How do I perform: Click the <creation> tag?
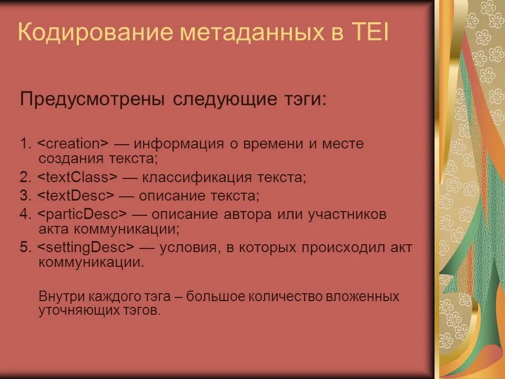click(73, 144)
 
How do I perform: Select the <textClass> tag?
click(77, 177)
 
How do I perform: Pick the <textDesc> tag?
click(75, 196)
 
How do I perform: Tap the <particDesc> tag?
click(83, 215)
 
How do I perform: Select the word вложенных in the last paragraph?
click(370, 296)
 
